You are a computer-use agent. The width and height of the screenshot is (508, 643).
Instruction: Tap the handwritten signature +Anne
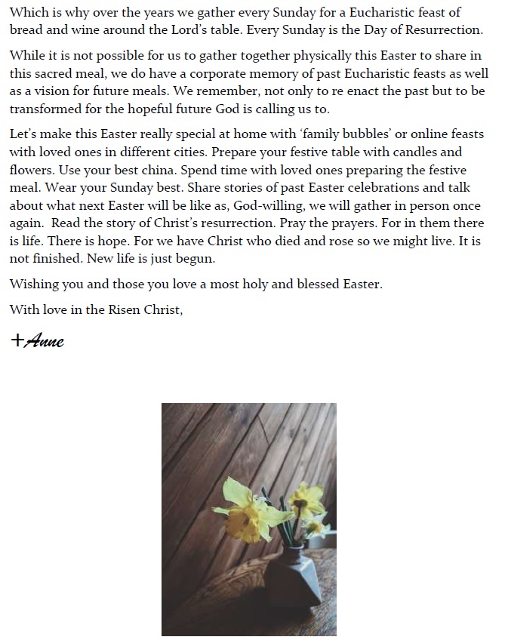[x=38, y=340]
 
